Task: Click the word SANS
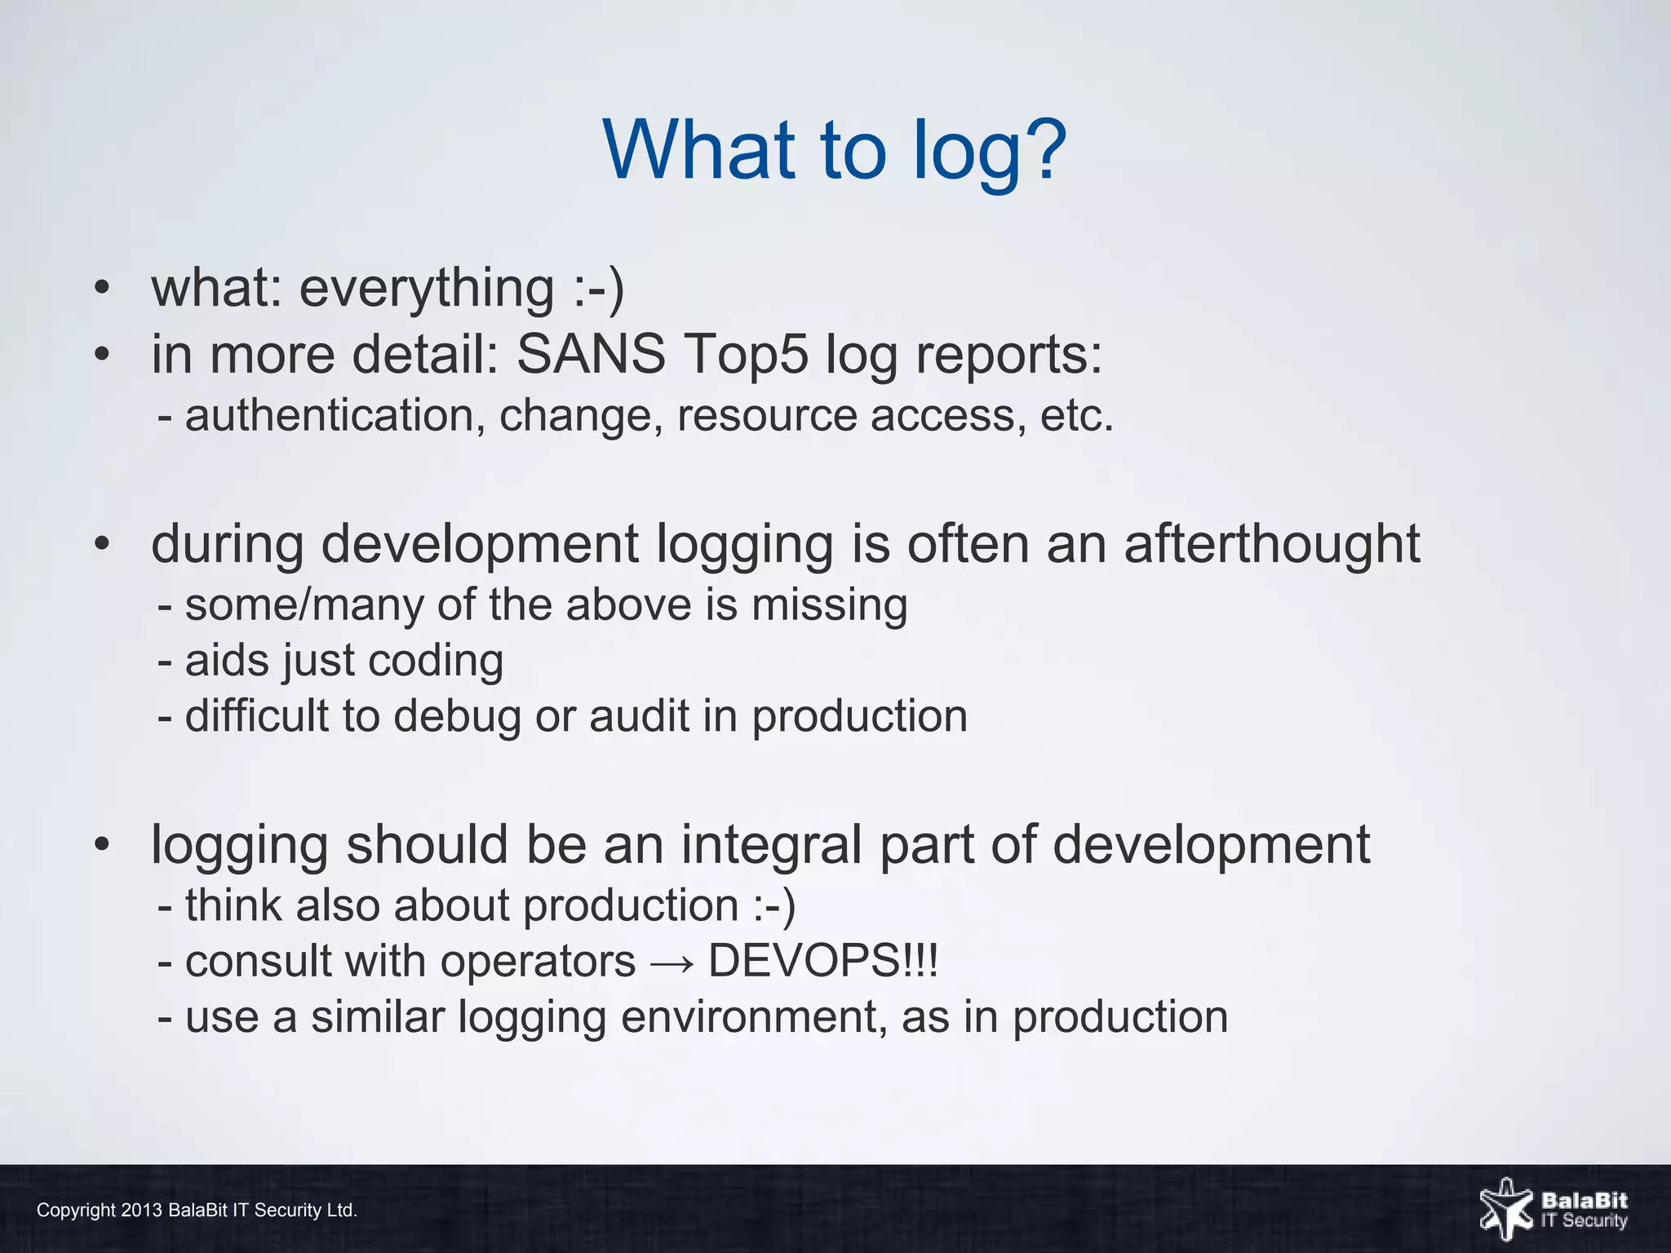point(591,355)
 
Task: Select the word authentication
point(330,416)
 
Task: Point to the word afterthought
point(1272,544)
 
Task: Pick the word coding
point(435,662)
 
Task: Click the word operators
point(538,961)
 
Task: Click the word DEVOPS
point(804,961)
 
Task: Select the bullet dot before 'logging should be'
point(101,845)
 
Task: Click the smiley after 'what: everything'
point(598,289)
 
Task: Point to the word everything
point(427,289)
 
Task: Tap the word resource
point(767,416)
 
